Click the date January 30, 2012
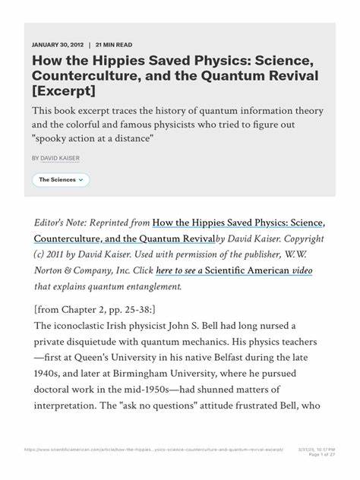(x=57, y=45)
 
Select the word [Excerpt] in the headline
(x=65, y=91)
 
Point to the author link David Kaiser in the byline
(x=60, y=158)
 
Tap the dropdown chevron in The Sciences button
(x=81, y=180)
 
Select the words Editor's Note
(x=63, y=223)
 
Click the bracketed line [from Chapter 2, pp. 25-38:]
(x=95, y=309)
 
